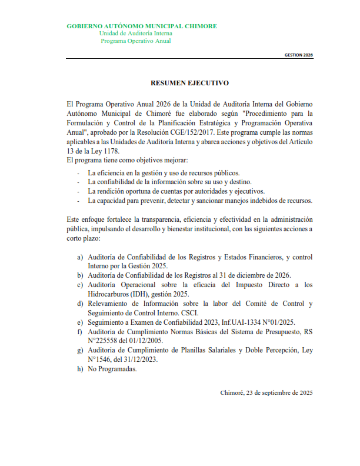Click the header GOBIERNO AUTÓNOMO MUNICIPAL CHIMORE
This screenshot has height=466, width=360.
142,26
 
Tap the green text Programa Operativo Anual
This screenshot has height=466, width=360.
136,41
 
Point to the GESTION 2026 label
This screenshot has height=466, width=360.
299,54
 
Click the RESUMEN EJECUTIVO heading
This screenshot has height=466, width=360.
189,84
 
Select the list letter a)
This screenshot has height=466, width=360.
80,258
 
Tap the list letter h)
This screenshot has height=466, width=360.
80,369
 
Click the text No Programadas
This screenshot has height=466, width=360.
112,369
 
